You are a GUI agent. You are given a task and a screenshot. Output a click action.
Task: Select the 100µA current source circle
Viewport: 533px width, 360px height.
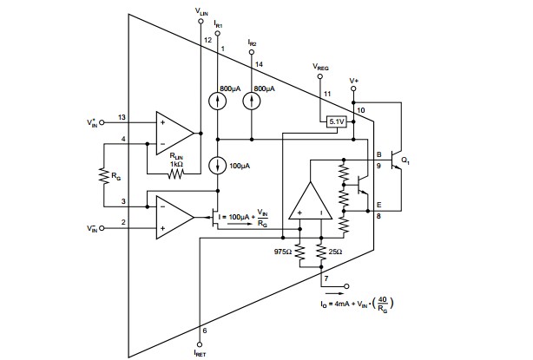tap(217, 165)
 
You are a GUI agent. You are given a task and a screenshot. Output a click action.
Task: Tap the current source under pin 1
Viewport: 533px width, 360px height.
tap(217, 100)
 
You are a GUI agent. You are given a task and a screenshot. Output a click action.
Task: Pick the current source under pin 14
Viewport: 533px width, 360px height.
tap(252, 100)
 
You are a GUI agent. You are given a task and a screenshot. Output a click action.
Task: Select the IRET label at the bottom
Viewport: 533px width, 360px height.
tap(201, 352)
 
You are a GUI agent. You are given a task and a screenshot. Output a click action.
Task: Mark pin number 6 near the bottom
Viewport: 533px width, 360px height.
tap(205, 330)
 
